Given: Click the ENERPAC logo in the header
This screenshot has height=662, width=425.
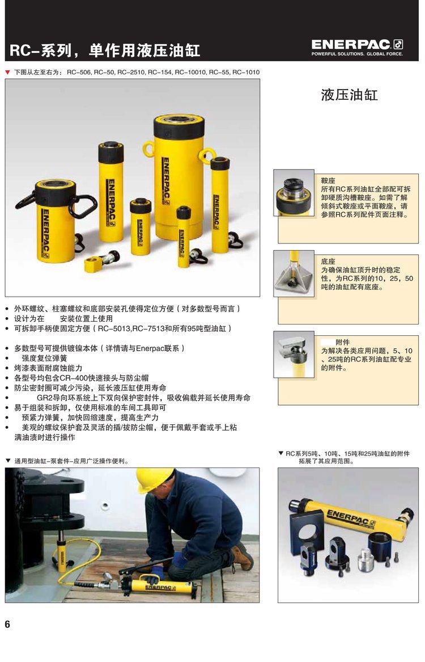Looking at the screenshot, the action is [x=357, y=47].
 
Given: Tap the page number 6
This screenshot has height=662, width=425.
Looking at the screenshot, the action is [x=7, y=624].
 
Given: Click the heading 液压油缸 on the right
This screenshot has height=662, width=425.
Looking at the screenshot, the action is [x=349, y=95].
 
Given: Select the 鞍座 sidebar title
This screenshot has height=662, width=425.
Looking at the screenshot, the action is [x=328, y=181].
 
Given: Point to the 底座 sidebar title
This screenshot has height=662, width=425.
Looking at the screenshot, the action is [x=328, y=262].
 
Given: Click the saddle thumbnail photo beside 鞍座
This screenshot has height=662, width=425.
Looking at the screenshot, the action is [x=294, y=193].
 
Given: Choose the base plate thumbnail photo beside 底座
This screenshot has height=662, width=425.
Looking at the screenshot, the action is [x=294, y=273].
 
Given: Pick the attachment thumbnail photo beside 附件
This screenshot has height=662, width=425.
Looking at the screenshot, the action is [x=294, y=354].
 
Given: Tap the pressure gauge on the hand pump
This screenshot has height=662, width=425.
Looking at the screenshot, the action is [x=108, y=576].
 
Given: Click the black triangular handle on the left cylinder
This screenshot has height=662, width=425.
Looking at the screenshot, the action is [x=83, y=206].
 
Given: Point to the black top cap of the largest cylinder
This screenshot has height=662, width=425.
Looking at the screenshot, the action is [x=178, y=124].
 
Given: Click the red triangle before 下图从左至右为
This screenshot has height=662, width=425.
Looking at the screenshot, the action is [x=7, y=72].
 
